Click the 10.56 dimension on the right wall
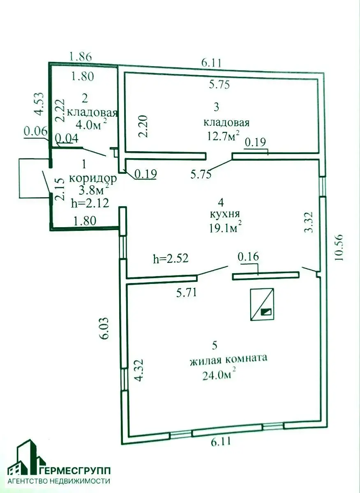click(339, 247)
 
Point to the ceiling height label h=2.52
click(171, 258)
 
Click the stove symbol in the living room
click(262, 304)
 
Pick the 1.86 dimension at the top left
click(81, 57)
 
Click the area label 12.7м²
click(223, 136)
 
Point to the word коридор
click(93, 179)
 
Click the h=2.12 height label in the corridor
click(90, 203)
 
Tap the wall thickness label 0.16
click(248, 257)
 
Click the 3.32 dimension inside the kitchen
click(308, 222)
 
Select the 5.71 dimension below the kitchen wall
click(186, 293)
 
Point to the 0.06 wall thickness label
click(35, 132)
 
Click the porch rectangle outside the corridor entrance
click(34, 178)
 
